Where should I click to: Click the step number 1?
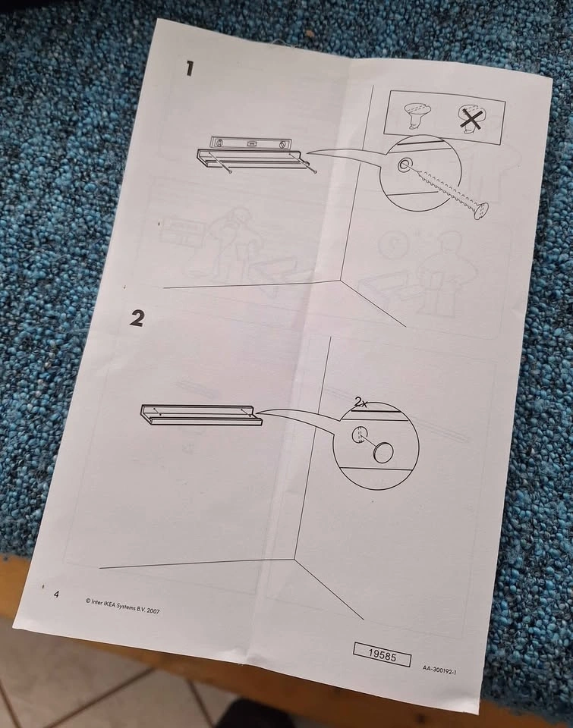point(189,69)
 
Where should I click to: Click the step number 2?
point(137,318)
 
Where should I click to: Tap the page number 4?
point(57,595)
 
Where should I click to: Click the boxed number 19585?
point(382,655)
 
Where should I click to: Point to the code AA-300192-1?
point(439,670)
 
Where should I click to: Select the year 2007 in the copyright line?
point(153,610)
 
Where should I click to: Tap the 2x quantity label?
point(360,402)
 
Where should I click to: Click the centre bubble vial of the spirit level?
point(251,144)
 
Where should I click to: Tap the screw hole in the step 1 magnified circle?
point(402,165)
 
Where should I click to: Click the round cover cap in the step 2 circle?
point(383,453)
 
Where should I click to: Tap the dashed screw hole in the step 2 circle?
point(358,434)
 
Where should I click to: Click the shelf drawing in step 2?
point(201,415)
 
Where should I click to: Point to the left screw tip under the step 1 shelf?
point(230,173)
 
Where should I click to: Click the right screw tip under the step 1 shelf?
point(316,173)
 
